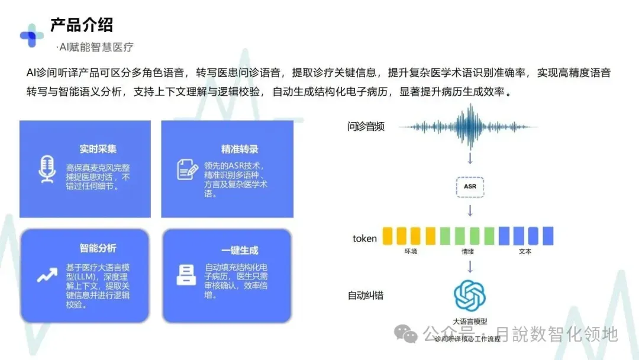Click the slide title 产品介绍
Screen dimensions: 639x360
(82, 25)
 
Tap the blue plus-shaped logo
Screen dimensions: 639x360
(31, 35)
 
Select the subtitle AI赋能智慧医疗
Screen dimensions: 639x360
(95, 47)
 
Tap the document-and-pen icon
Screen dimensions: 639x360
(188, 169)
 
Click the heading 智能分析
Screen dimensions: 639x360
(98, 248)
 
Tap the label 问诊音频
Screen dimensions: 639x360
(366, 126)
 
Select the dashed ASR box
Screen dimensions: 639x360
(470, 186)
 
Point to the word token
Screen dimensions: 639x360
(364, 239)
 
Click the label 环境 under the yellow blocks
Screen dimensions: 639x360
(411, 252)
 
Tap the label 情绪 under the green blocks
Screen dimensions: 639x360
(468, 252)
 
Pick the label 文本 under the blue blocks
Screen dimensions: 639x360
(525, 252)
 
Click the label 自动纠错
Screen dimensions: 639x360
(365, 294)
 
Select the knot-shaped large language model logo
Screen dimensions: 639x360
(469, 295)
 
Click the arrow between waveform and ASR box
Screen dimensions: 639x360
(470, 157)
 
